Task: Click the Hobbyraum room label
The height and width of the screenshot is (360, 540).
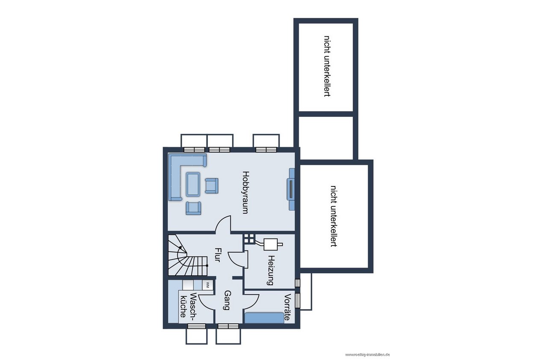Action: click(x=245, y=192)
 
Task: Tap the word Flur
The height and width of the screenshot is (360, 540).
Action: click(x=218, y=255)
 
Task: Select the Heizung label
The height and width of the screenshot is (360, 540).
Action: click(x=271, y=270)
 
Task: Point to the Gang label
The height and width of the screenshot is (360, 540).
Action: click(x=227, y=300)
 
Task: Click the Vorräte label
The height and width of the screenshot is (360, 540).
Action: click(x=287, y=307)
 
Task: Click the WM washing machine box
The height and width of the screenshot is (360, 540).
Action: click(x=207, y=285)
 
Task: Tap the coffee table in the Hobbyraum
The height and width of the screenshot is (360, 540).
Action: click(x=193, y=184)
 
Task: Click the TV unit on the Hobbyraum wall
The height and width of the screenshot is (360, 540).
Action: click(x=291, y=189)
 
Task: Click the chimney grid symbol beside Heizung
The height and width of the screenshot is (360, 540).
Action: click(x=248, y=239)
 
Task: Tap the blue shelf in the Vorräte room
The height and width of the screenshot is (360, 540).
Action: click(x=264, y=318)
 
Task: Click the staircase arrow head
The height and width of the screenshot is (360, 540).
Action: click(x=180, y=247)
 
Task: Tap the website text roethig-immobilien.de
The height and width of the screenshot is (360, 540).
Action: click(x=367, y=355)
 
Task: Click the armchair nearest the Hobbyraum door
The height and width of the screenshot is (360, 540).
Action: click(x=193, y=208)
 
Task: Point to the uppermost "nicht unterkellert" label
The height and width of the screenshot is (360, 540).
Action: click(x=327, y=66)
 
